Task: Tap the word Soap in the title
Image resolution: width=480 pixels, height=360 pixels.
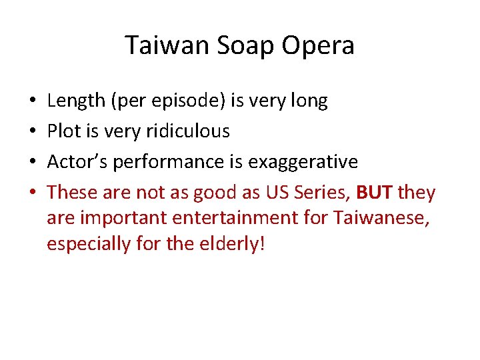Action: click(235, 45)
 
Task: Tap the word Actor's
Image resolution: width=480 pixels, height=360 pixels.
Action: click(75, 162)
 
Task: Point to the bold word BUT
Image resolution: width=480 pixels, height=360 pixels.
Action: click(375, 193)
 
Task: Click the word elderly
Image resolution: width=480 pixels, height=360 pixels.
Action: click(230, 243)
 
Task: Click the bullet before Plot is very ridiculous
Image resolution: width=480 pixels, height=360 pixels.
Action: click(33, 131)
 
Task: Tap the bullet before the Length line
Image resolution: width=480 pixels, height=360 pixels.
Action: click(33, 101)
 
